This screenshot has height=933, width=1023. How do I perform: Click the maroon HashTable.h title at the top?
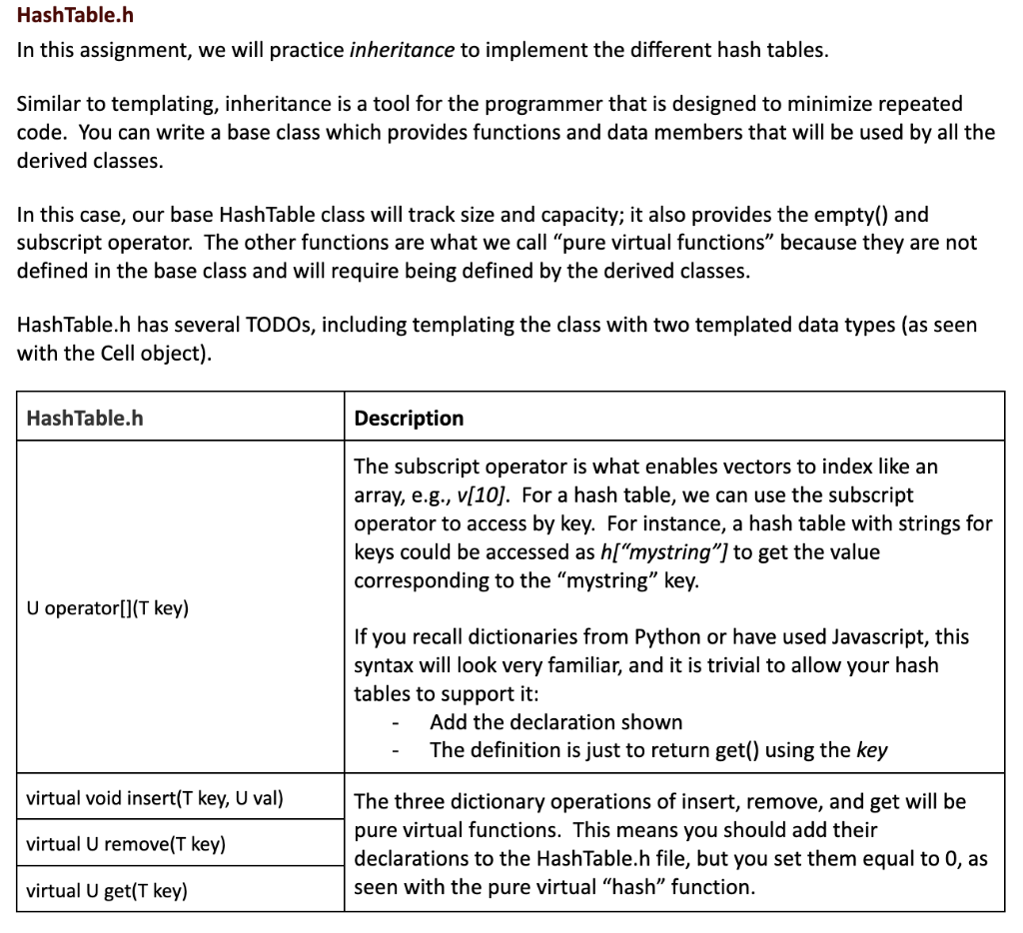pyautogui.click(x=75, y=16)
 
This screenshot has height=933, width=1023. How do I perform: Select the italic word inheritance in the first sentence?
pyautogui.click(x=402, y=50)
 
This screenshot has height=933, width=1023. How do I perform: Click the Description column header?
pyautogui.click(x=409, y=418)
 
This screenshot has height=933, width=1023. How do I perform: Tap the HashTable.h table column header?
pyautogui.click(x=84, y=418)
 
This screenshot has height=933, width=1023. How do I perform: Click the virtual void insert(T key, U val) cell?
pyautogui.click(x=155, y=798)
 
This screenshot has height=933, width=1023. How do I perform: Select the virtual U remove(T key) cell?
pyautogui.click(x=126, y=844)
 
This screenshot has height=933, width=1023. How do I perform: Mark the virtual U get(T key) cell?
pyautogui.click(x=107, y=890)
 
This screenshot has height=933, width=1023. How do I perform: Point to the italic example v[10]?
pyautogui.click(x=480, y=495)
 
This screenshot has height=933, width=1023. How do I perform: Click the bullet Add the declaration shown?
pyautogui.click(x=555, y=722)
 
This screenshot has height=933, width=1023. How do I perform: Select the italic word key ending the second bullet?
pyautogui.click(x=872, y=751)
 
